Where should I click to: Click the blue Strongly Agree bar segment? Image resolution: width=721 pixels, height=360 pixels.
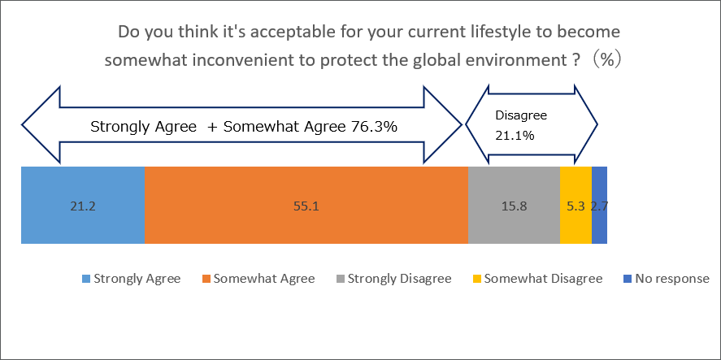tap(82, 223)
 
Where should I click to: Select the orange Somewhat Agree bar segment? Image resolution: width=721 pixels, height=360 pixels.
tap(306, 223)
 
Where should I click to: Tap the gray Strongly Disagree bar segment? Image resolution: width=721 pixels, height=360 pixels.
tap(514, 223)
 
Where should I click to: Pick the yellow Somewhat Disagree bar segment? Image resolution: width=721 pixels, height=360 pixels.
tap(575, 223)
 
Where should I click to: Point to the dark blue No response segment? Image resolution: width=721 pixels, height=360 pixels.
tap(599, 223)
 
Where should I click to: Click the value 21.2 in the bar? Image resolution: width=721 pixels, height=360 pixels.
tap(82, 206)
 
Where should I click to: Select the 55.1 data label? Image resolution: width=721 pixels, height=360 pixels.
tap(306, 206)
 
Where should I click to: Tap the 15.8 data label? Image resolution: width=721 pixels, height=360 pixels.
tap(514, 206)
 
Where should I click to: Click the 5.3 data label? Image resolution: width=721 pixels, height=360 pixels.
tap(575, 206)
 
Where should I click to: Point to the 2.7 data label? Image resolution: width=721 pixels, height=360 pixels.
tap(599, 206)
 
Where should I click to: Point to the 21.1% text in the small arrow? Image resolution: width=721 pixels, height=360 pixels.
tap(515, 136)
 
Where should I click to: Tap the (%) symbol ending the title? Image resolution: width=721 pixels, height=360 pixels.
tap(605, 61)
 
